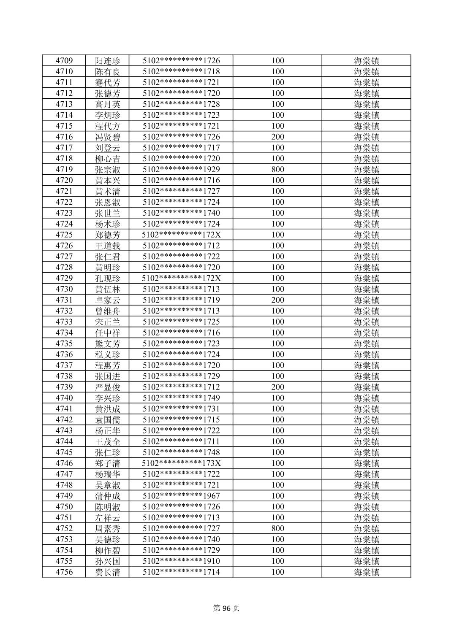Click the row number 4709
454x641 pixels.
(x=64, y=61)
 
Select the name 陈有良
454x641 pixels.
(x=108, y=72)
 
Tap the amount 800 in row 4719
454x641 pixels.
(x=277, y=170)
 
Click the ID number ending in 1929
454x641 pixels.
(x=181, y=170)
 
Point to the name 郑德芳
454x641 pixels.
(x=108, y=235)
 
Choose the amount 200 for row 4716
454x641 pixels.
(x=277, y=137)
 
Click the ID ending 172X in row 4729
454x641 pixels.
(x=181, y=279)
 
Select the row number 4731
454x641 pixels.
(x=64, y=300)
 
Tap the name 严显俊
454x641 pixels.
(x=108, y=387)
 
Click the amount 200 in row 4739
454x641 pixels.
(x=277, y=387)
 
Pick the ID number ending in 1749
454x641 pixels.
(x=181, y=398)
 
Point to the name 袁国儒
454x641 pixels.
(x=108, y=420)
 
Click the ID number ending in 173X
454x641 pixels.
(x=181, y=463)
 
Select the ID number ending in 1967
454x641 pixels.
(x=181, y=496)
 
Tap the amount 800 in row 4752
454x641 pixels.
(x=277, y=529)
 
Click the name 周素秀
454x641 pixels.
(x=108, y=529)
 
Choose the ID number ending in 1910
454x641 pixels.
(x=181, y=561)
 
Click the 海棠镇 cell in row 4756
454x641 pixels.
(x=367, y=572)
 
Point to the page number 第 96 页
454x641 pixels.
(x=227, y=608)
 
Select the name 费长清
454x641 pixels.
(x=108, y=572)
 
